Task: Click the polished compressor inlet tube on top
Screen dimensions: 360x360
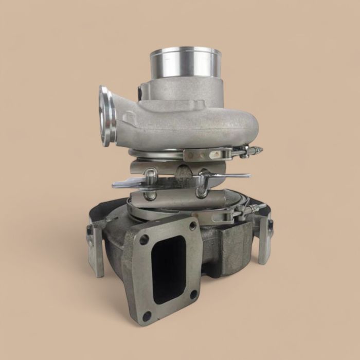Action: (x=186, y=63)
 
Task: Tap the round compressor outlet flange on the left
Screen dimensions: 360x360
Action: (x=107, y=116)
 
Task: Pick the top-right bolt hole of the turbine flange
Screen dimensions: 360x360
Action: (x=192, y=226)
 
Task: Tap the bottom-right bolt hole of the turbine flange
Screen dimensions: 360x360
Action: (x=193, y=295)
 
